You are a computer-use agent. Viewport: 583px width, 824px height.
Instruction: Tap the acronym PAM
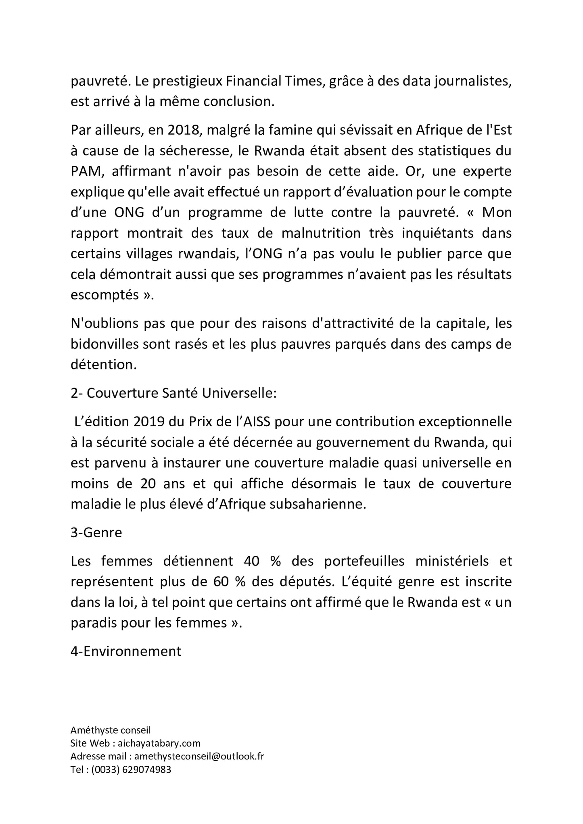[x=84, y=171]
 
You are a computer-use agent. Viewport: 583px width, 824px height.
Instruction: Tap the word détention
[x=103, y=365]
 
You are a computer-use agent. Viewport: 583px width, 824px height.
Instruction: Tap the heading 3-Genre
[x=96, y=532]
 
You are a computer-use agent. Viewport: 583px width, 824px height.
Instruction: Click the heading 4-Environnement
[x=126, y=651]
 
